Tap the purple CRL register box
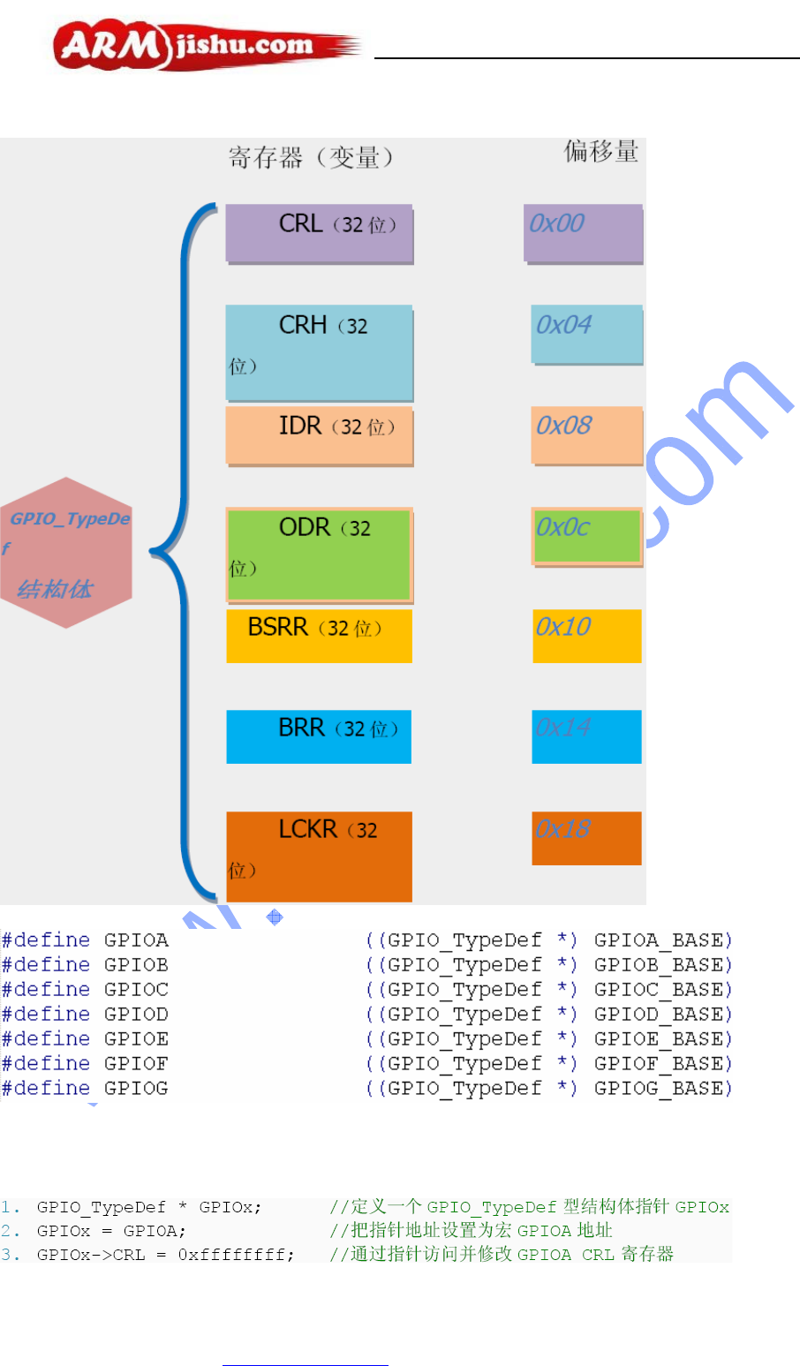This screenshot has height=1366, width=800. tap(319, 234)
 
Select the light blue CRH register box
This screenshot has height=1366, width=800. tap(319, 352)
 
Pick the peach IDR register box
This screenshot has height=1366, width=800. tap(319, 435)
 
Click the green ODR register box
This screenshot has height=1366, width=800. tap(319, 555)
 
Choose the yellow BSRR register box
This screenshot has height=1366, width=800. tap(319, 636)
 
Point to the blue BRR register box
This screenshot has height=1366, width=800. tap(319, 736)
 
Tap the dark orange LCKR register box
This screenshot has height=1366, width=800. tap(319, 856)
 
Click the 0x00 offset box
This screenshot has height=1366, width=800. tap(583, 233)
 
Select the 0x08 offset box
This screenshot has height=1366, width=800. tap(586, 434)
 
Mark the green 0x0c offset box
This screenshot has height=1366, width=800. tap(586, 536)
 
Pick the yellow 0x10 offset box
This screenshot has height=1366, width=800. tap(586, 636)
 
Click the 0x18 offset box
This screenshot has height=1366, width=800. tap(586, 838)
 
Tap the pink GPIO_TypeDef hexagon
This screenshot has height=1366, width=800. tap(67, 553)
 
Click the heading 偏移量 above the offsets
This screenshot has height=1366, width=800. tap(601, 152)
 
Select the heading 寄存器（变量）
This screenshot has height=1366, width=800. tap(311, 158)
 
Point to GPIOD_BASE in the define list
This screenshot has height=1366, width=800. tap(662, 1015)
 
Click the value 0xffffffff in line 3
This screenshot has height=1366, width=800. tap(236, 1255)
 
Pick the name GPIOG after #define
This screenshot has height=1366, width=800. tap(136, 1089)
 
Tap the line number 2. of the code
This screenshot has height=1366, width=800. tap(11, 1231)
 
